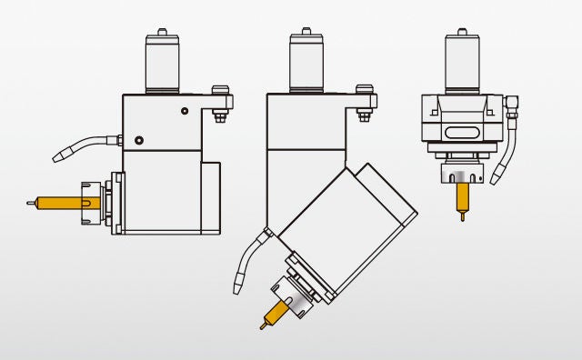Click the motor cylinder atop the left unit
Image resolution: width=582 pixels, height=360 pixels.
pos(162,64)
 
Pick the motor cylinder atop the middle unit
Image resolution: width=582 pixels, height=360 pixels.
pos(306,64)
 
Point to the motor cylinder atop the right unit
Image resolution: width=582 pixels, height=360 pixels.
pos(463,63)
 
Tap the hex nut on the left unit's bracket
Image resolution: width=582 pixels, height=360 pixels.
pos(219,115)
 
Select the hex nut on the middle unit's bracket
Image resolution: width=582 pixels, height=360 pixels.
pos(365,115)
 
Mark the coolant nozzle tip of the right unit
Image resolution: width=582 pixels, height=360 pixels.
pos(495,179)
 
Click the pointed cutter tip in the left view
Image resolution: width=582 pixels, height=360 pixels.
pos(31,202)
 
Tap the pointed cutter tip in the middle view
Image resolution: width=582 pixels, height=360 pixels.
pos(262,325)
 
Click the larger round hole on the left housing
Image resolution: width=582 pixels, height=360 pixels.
pos(138,140)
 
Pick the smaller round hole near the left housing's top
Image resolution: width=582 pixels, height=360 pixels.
pos(185,110)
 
